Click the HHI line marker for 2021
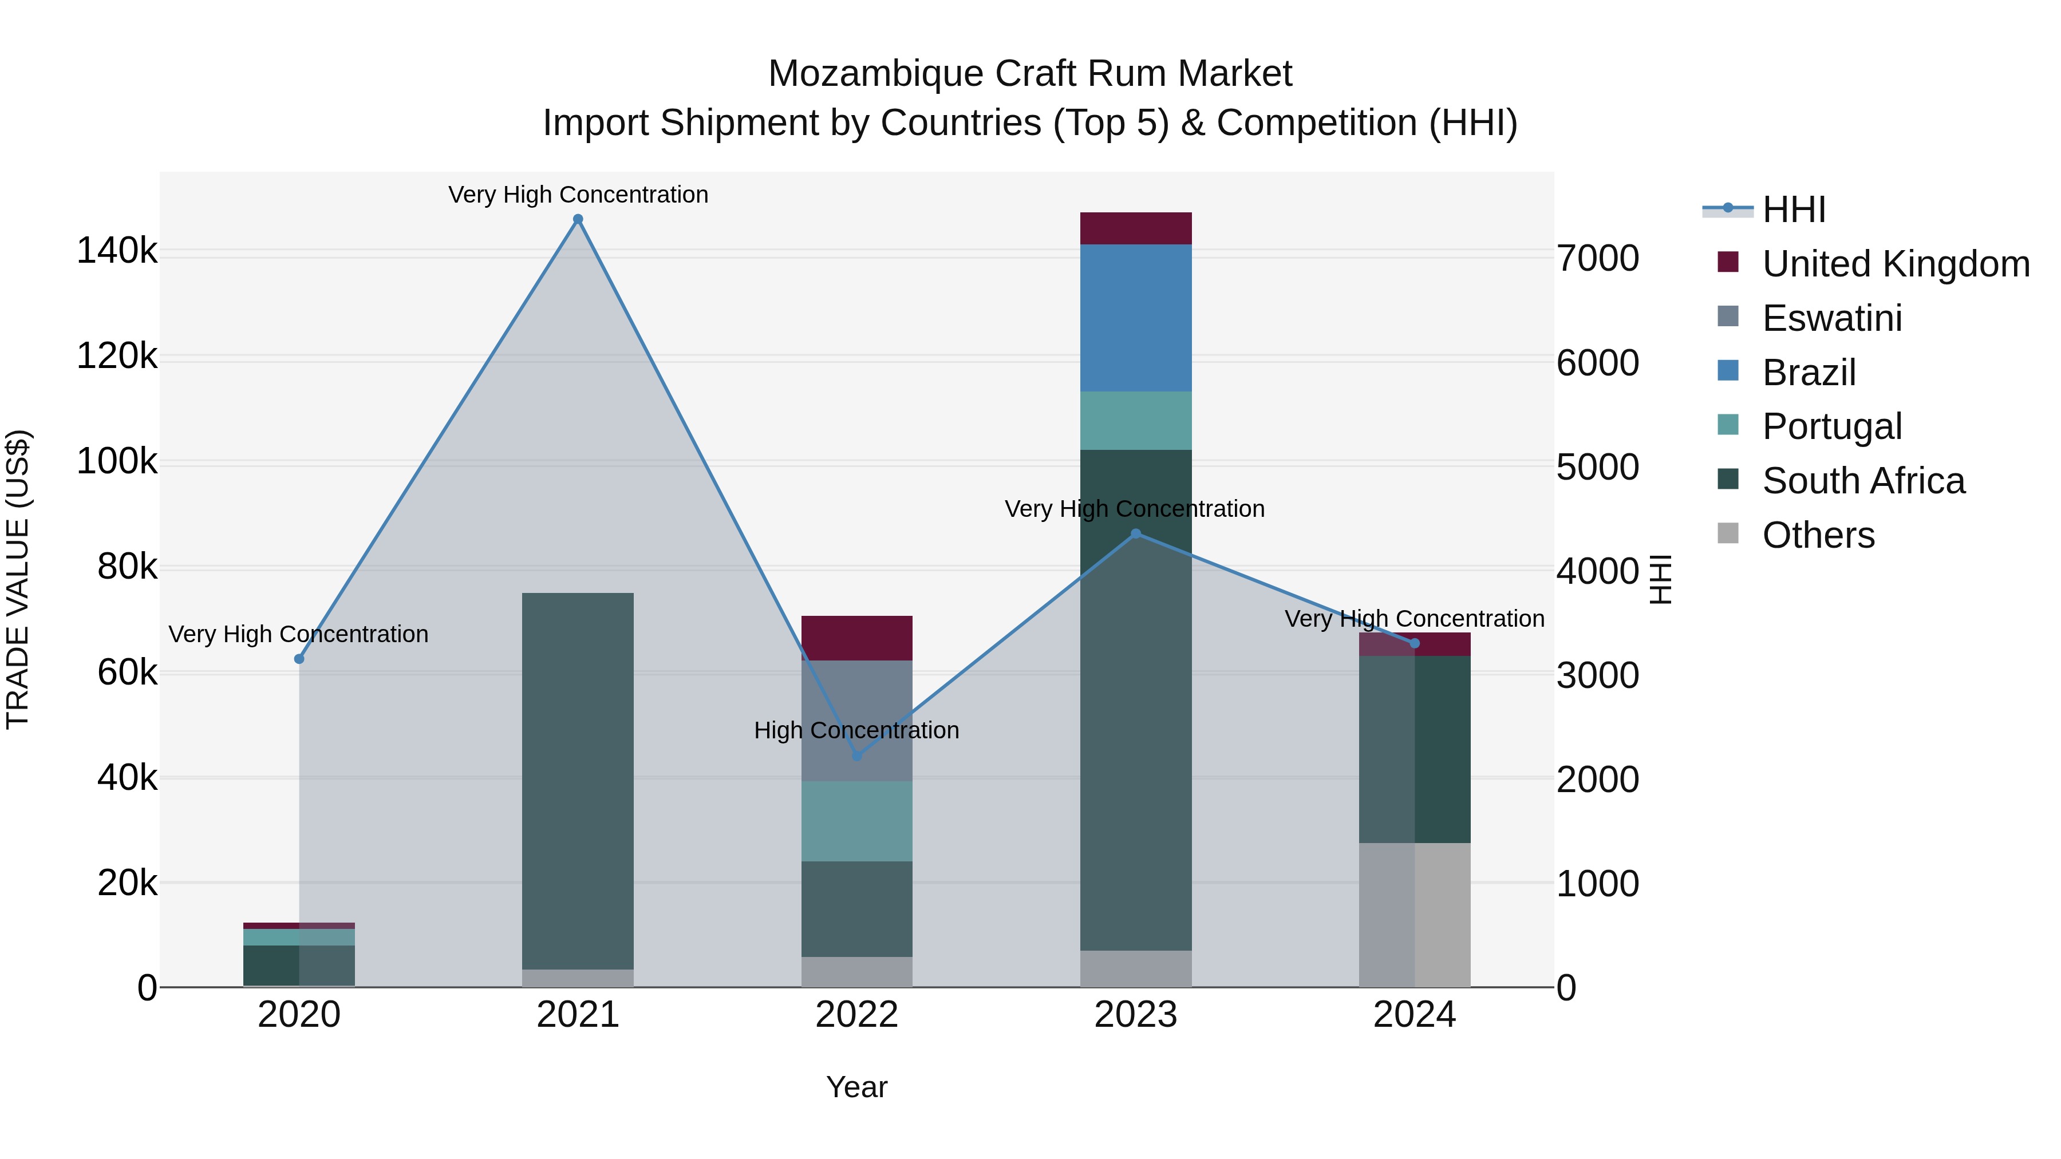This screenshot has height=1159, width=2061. pos(578,219)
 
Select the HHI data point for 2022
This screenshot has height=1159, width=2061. pos(857,756)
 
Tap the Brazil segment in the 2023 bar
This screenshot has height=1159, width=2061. pos(1135,318)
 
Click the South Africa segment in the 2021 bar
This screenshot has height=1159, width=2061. pos(578,780)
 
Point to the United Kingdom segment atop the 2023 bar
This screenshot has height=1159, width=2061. pos(1135,229)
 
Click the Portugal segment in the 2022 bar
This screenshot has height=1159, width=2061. pos(857,821)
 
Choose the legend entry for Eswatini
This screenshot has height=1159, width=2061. pos(1831,318)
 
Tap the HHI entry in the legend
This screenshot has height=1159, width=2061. pos(1793,209)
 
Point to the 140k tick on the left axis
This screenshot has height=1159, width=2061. pos(117,251)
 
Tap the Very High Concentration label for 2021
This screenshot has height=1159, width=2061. pos(578,195)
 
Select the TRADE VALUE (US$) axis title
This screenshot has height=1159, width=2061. pos(18,579)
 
